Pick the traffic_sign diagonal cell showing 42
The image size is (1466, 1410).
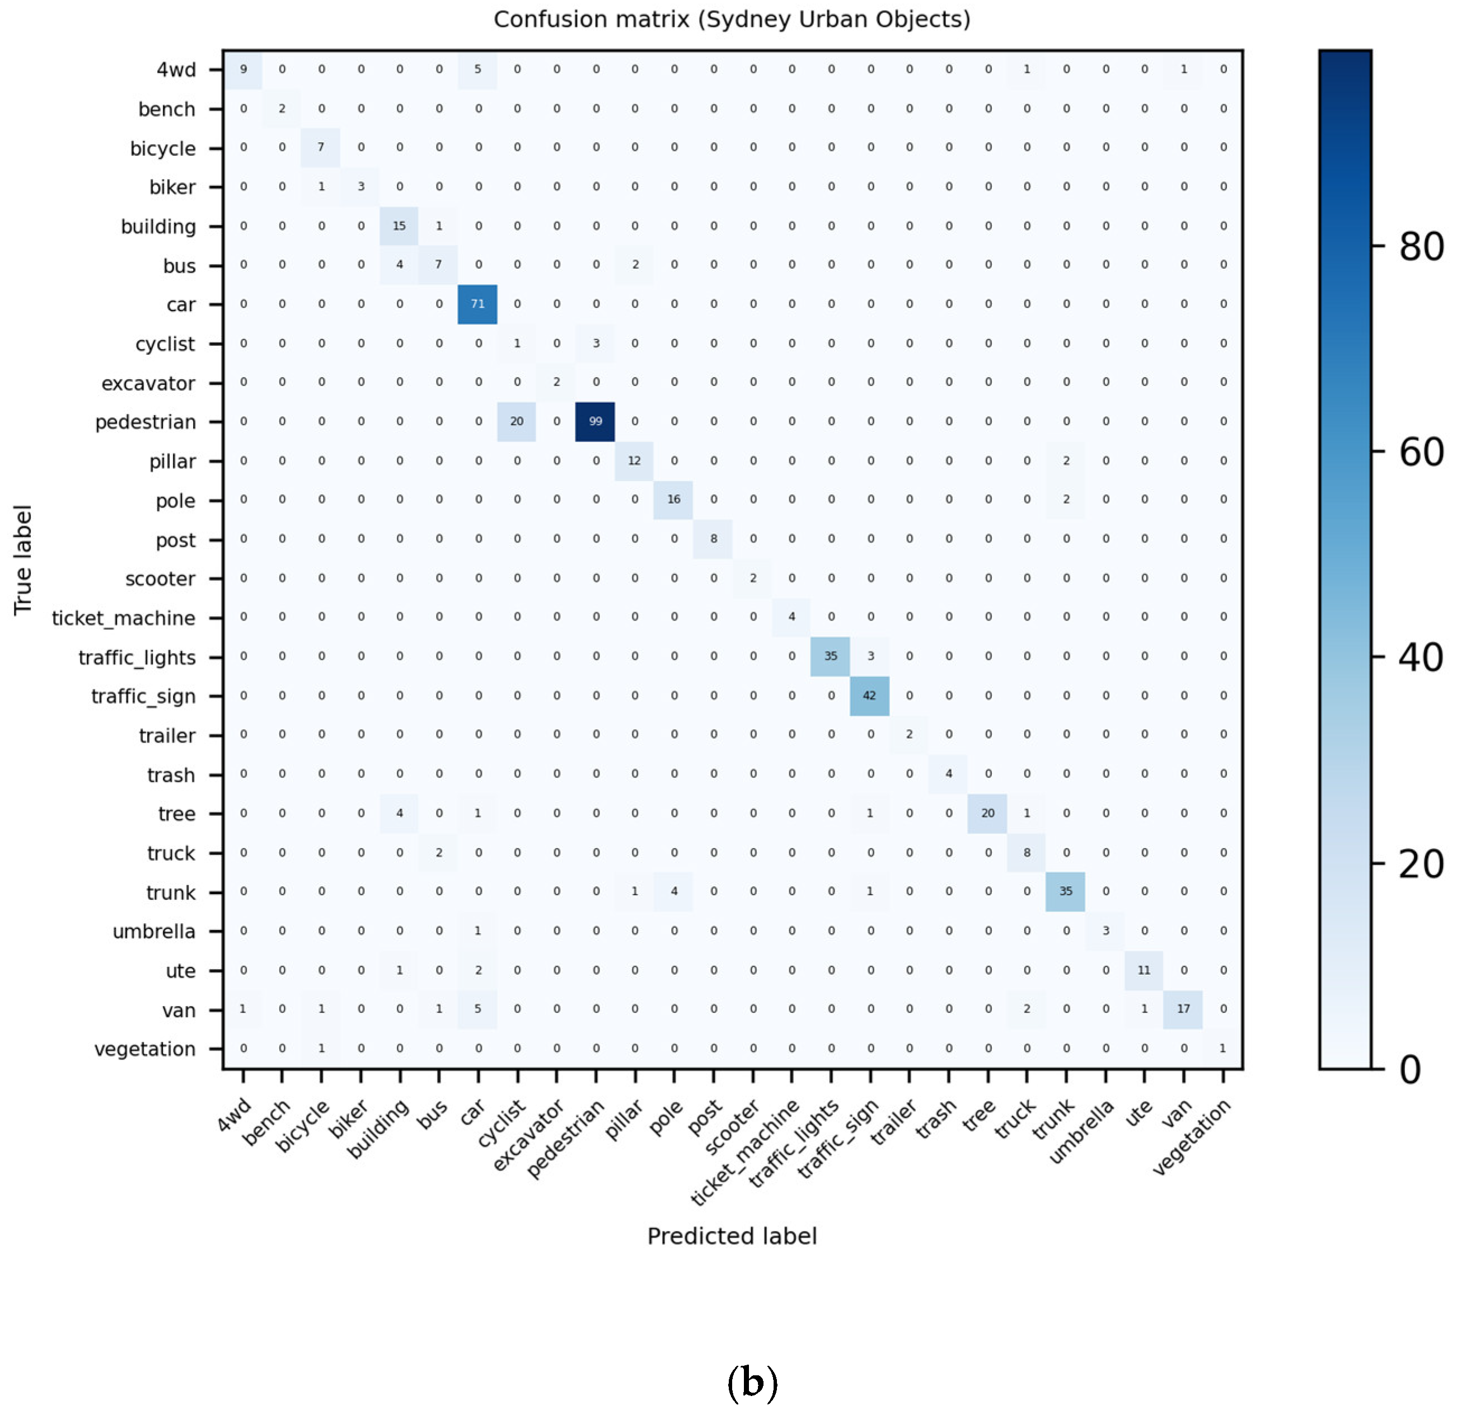(870, 696)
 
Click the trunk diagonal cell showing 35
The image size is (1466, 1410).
(1066, 892)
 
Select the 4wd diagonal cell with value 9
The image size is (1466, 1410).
(243, 69)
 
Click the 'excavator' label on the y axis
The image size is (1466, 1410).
(148, 383)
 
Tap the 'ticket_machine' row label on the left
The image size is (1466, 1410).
(123, 618)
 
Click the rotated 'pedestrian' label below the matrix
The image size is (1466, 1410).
(566, 1139)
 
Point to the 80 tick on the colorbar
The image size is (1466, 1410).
(1421, 247)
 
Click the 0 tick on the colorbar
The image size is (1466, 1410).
(1410, 1070)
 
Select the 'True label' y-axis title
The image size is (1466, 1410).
(22, 561)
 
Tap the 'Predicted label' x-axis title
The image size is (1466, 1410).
(732, 1236)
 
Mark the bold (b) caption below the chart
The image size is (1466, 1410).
(752, 1383)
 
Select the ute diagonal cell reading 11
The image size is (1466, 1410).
(1144, 970)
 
